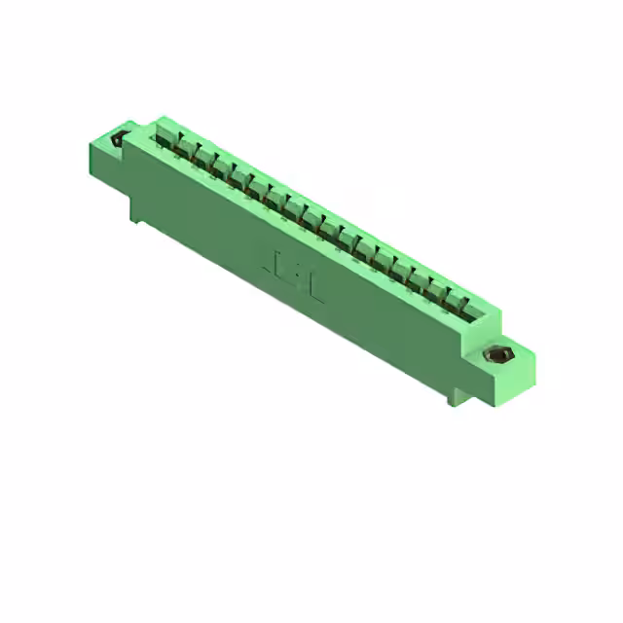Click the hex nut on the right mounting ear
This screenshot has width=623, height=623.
point(500,355)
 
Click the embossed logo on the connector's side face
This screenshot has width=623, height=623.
point(293,264)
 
